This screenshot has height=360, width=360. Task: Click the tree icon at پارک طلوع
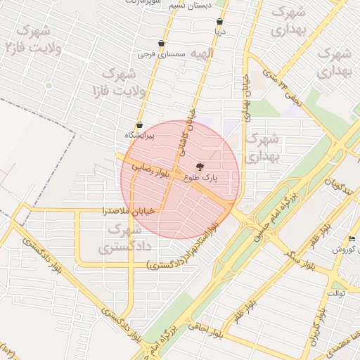[x=201, y=167]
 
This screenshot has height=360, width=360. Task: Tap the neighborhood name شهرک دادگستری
[x=115, y=238]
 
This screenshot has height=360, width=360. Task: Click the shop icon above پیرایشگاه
[x=139, y=125]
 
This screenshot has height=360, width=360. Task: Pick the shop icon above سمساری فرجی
[x=161, y=44]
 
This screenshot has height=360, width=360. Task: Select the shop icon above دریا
[x=220, y=22]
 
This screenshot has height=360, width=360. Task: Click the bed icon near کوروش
[x=352, y=239]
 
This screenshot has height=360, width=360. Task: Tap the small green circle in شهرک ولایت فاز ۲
[x=49, y=85]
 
